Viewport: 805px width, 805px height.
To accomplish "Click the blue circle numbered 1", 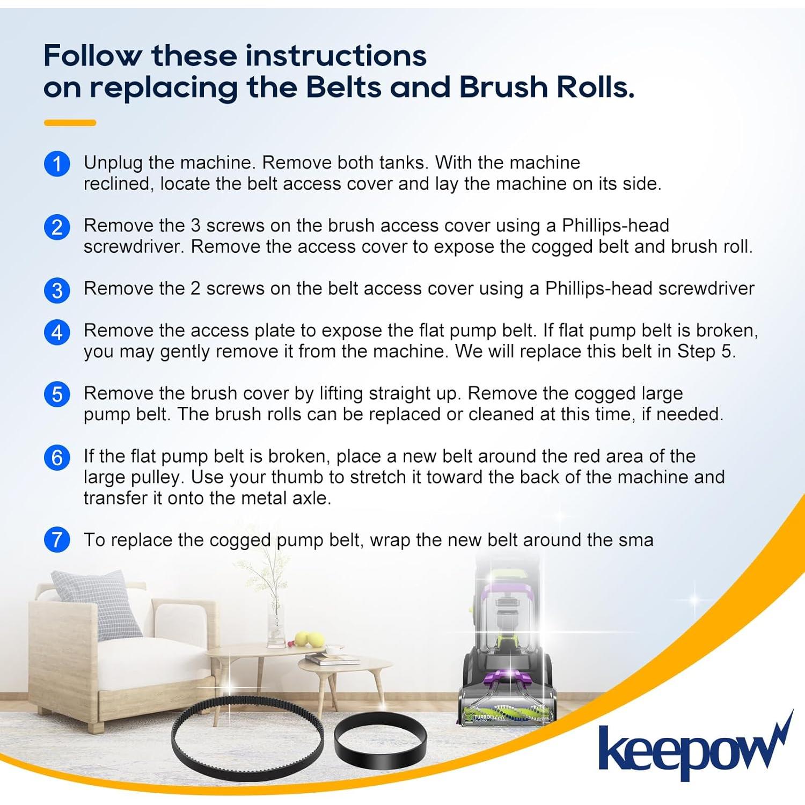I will tap(57, 164).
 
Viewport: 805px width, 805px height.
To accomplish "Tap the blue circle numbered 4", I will tap(57, 332).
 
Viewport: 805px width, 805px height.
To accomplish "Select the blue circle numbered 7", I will tap(57, 539).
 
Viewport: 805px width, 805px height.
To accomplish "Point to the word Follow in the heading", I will tap(93, 55).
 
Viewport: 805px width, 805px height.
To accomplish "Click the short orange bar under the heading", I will tap(70, 123).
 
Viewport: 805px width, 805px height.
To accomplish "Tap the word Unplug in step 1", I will tap(113, 162).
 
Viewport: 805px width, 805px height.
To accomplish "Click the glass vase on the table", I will tap(276, 628).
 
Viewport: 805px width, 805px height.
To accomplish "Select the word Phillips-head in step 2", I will tap(615, 225).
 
